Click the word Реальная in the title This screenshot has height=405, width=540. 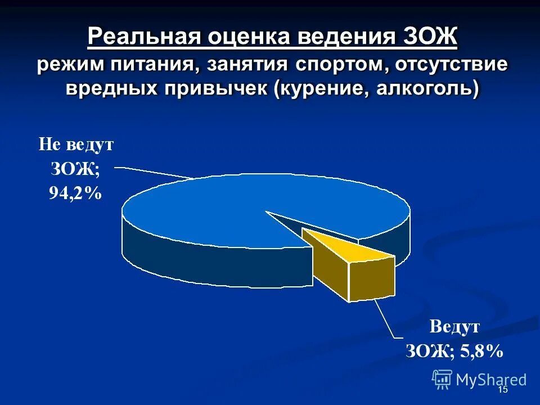pos(145,38)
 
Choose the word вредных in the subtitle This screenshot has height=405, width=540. pos(111,89)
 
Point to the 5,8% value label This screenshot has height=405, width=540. pos(480,352)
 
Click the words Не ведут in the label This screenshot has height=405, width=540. pos(75,145)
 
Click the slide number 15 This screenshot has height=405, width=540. pos(503,390)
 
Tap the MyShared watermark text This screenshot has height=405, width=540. pos(491,380)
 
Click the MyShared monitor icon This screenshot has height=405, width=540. pos(442,379)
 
